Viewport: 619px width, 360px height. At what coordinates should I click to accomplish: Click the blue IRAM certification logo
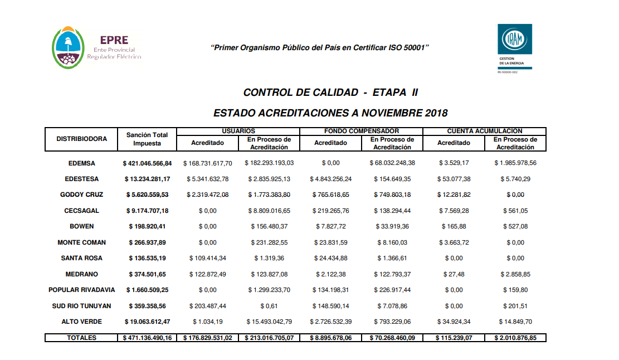pos(514,39)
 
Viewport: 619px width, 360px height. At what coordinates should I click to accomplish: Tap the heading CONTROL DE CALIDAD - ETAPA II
pos(330,92)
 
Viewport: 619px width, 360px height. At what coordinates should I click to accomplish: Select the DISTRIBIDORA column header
pos(82,139)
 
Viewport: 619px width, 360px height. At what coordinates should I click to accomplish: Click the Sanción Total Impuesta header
pos(147,139)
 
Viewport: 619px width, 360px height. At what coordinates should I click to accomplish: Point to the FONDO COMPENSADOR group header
pos(361,131)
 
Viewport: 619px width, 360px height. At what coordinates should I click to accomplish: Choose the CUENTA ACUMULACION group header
pos(484,131)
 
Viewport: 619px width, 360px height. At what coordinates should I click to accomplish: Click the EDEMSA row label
pos(82,163)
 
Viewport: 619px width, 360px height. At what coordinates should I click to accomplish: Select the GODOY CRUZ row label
pos(82,195)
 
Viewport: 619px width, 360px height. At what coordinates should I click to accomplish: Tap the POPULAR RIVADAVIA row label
pos(82,290)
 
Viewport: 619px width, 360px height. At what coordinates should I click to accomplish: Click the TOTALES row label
pos(82,338)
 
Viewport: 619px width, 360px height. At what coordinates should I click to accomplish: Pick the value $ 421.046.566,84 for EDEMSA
pos(147,163)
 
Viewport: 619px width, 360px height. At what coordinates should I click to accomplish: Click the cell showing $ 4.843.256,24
pos(330,179)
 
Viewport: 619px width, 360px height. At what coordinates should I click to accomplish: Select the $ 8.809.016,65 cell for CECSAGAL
pos(269,211)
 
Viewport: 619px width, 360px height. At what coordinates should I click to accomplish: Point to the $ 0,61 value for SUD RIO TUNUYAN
pos(269,306)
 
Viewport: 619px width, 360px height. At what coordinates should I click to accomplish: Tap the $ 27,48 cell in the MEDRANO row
pos(454,274)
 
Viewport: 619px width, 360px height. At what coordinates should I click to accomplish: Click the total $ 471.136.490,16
pos(147,338)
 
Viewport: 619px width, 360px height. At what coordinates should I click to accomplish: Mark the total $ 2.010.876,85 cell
pos(515,338)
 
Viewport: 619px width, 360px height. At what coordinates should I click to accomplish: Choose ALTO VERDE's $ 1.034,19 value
pos(207,322)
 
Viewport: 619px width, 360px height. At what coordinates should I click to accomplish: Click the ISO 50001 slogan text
pos(320,48)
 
